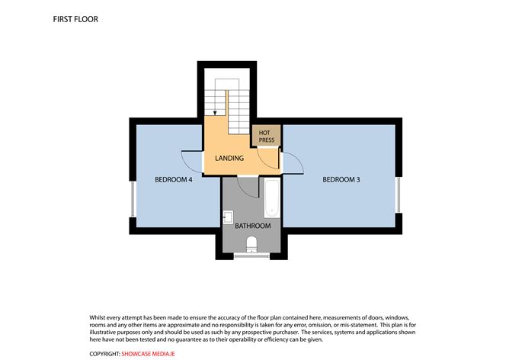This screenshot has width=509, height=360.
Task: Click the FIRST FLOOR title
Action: pyautogui.click(x=75, y=19)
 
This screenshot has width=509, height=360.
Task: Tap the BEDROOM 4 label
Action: pyautogui.click(x=173, y=180)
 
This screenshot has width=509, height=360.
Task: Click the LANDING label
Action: pyautogui.click(x=229, y=159)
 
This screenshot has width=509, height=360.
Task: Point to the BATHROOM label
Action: pyautogui.click(x=252, y=226)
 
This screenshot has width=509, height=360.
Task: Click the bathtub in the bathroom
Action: pyautogui.click(x=272, y=198)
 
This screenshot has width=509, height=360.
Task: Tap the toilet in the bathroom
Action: pyautogui.click(x=251, y=244)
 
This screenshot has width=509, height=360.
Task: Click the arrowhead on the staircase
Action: pyautogui.click(x=216, y=112)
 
